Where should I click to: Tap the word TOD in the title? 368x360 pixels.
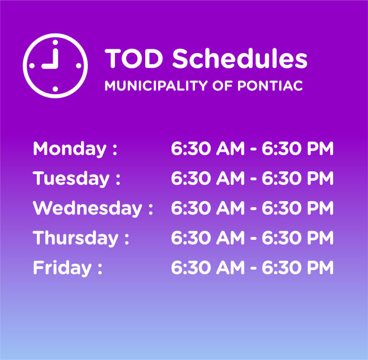[x=134, y=58]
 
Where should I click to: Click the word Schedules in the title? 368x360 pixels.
[x=240, y=58]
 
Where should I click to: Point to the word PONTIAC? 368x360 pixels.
[x=270, y=86]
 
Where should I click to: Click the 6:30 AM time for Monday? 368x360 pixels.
[x=208, y=148]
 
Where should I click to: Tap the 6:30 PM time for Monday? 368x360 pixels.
[x=298, y=148]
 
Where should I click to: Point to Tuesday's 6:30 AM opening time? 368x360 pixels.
[x=208, y=178]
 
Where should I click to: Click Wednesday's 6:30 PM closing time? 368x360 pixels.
[x=298, y=208]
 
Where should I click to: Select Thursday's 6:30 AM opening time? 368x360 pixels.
[x=208, y=238]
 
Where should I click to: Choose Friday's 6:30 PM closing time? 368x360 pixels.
[x=298, y=268]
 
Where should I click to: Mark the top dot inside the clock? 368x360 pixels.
[x=55, y=43]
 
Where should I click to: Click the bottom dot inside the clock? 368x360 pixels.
[x=55, y=89]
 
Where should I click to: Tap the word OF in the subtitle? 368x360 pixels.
[x=222, y=86]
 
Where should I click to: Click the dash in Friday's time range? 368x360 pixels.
[x=253, y=268]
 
